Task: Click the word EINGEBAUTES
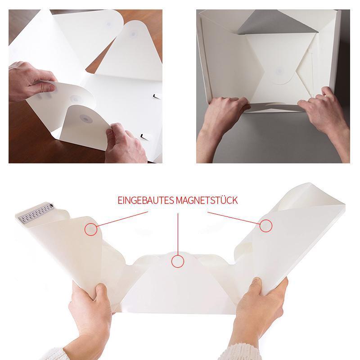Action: (x=146, y=200)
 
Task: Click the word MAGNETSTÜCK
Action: (x=207, y=200)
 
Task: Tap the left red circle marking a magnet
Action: (x=91, y=229)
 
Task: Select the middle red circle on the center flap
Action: (x=178, y=261)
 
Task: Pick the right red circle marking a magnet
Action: (x=266, y=226)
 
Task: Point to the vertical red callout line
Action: (x=178, y=234)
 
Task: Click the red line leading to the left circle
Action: (x=122, y=219)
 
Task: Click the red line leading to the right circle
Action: (x=234, y=218)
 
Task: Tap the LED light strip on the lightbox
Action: (x=36, y=213)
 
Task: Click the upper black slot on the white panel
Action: (x=157, y=96)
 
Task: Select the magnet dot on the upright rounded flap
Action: (x=133, y=35)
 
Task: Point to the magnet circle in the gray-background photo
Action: (x=279, y=71)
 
